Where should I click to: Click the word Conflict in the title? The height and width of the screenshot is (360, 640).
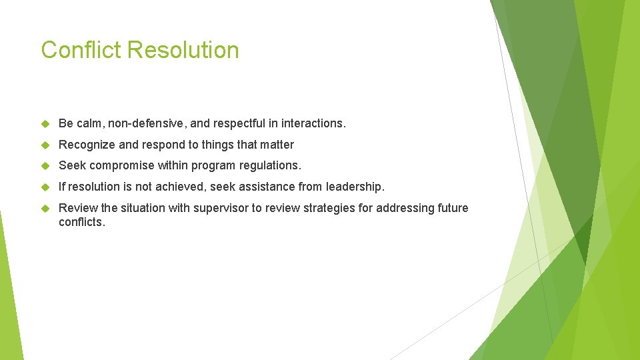(80, 50)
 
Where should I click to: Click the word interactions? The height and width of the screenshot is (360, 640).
(313, 123)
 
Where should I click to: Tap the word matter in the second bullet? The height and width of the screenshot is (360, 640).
(277, 145)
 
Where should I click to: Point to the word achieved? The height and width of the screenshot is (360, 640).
(179, 187)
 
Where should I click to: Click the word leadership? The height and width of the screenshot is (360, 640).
(355, 187)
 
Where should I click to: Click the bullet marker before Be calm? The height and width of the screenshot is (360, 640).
(45, 124)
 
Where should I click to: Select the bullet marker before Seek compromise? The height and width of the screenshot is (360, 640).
(45, 166)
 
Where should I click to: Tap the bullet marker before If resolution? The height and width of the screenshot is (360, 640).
(45, 187)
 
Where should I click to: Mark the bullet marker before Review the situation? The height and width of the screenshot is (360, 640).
(45, 209)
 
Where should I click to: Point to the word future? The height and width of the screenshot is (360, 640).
(453, 208)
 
